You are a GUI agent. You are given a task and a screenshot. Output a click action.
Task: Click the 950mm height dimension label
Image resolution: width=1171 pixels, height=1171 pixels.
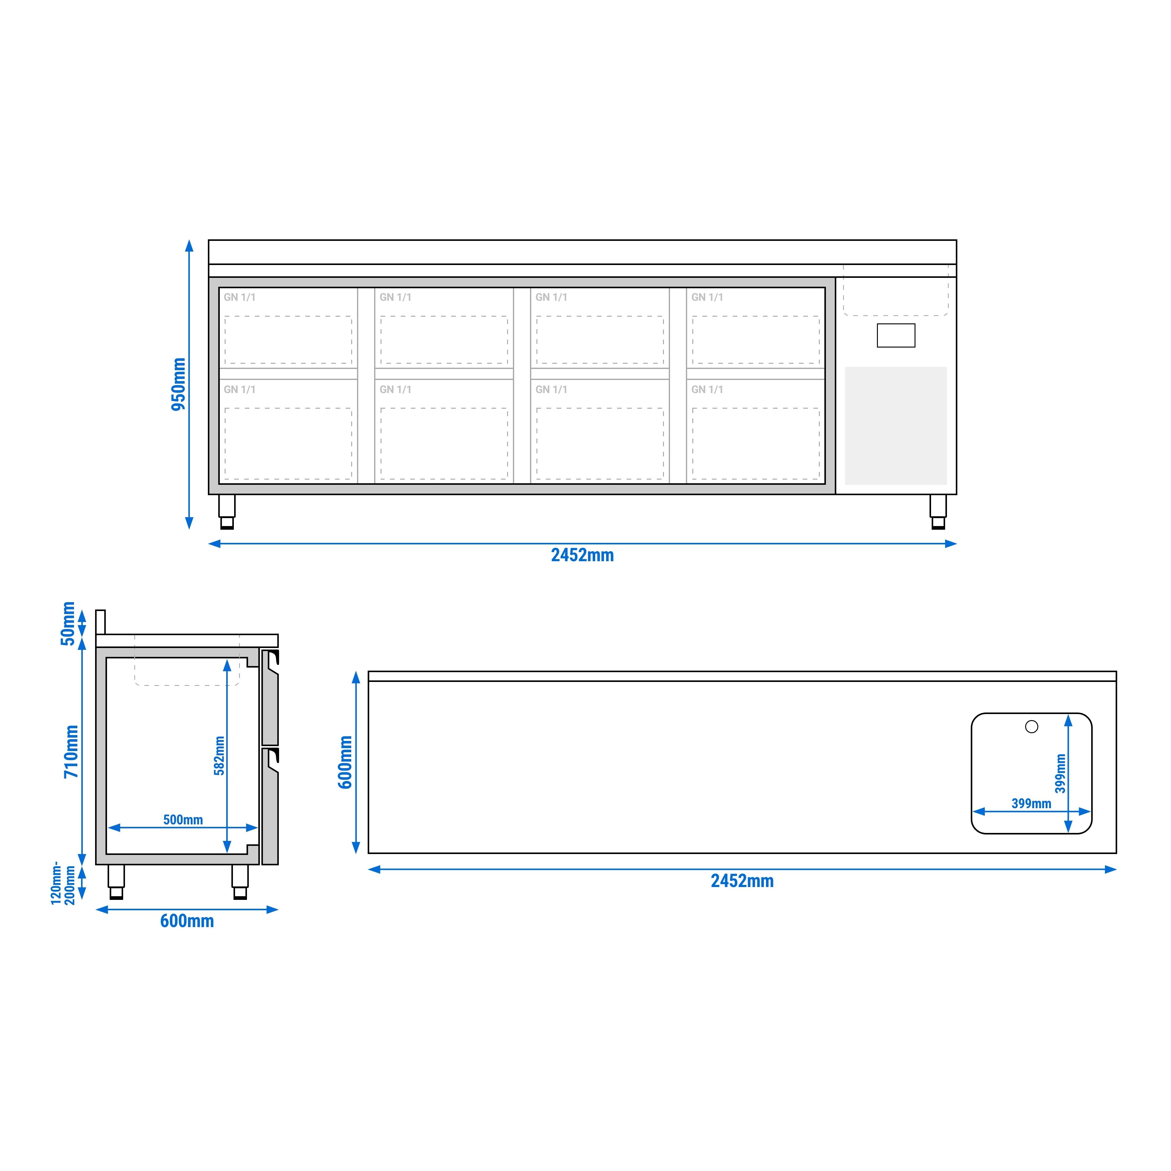[x=178, y=384]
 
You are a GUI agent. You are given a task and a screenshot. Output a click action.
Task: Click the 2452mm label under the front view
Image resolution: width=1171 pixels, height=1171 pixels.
[x=582, y=555]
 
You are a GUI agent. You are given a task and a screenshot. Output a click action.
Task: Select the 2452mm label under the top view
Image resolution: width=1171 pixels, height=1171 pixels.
[x=742, y=881]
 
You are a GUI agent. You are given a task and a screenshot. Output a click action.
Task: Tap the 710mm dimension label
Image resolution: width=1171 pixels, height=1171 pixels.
[x=72, y=752]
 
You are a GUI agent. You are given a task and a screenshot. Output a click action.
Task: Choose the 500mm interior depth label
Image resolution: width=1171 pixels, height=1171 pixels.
[x=183, y=819]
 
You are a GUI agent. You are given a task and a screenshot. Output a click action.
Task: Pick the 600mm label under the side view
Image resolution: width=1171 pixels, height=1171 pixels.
[x=187, y=921]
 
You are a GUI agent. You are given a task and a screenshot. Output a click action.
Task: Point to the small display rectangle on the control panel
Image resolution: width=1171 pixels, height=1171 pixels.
[x=896, y=335]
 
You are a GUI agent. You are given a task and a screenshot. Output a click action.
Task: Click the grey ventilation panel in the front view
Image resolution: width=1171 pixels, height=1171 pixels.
[x=896, y=425]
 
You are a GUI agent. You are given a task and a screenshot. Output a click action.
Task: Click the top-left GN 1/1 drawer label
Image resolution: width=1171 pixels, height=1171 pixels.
[x=239, y=297]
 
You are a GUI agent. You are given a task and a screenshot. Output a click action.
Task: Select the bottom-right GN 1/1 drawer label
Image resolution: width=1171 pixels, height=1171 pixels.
[x=707, y=389]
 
